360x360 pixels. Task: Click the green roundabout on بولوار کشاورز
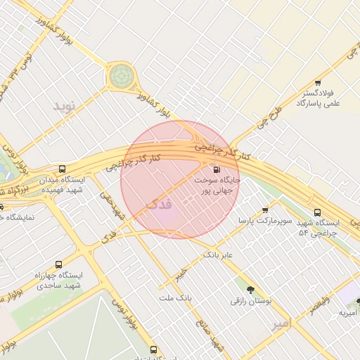121,74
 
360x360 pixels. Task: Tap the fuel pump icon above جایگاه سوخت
216,169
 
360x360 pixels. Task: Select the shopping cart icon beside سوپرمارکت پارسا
265,210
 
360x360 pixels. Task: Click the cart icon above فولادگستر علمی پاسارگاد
319,83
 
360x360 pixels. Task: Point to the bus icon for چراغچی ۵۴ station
316,212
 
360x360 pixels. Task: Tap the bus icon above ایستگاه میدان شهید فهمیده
63,169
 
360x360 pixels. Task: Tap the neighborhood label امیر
281,324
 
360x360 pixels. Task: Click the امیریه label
349,312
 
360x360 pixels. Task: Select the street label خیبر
184,272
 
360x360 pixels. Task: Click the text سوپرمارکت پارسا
253,221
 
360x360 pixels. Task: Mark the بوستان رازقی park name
249,301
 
